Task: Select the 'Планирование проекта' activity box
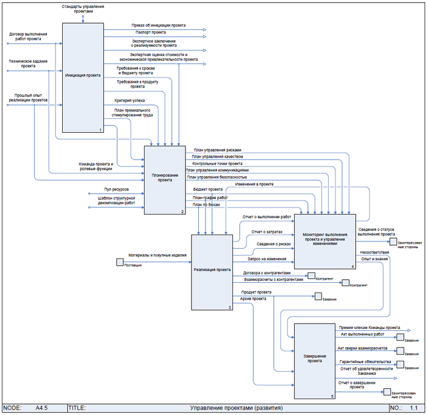[x=165, y=179]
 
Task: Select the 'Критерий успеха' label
[x=129, y=100]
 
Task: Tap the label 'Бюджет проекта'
[x=207, y=190]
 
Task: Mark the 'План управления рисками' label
[x=217, y=150]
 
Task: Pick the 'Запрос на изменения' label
[x=262, y=258]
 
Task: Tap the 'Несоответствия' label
[x=374, y=251]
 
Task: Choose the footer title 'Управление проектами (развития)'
[x=237, y=407]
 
